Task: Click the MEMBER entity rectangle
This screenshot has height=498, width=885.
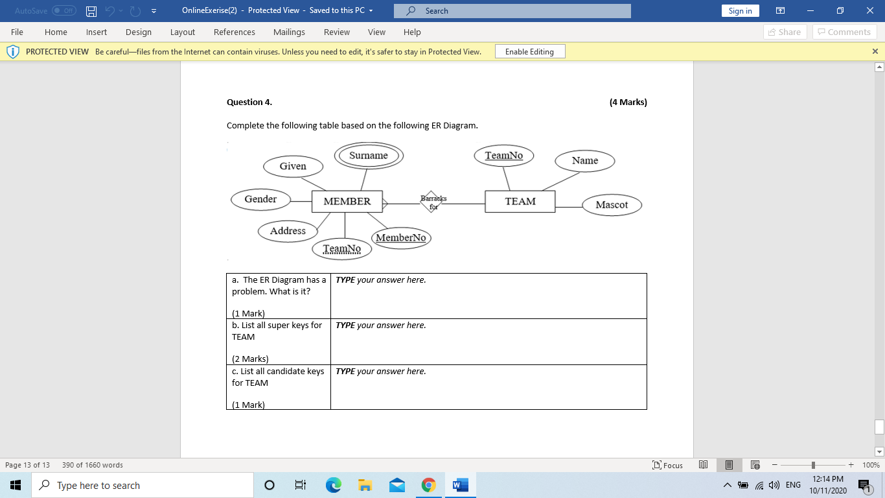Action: (x=347, y=202)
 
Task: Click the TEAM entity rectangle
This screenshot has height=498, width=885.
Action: (x=520, y=202)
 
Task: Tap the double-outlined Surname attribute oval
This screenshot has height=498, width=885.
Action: (x=369, y=156)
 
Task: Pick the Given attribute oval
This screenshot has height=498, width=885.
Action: (x=293, y=167)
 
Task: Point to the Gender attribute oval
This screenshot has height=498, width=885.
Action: (x=260, y=200)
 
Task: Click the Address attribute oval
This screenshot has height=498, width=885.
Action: (x=288, y=231)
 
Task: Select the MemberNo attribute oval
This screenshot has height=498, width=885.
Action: (x=401, y=238)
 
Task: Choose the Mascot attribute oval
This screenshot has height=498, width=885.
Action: (x=612, y=205)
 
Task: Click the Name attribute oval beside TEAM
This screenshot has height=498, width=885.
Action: (x=584, y=161)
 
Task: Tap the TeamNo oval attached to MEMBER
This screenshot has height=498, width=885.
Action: (x=342, y=249)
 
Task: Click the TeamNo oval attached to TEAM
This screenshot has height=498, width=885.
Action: (x=504, y=156)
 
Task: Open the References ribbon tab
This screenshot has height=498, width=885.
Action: (x=235, y=32)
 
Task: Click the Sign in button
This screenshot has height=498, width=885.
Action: (x=740, y=11)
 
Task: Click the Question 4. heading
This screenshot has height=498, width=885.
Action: (x=249, y=102)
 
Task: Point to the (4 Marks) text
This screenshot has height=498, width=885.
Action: (x=628, y=102)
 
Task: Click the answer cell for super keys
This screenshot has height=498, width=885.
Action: (x=488, y=342)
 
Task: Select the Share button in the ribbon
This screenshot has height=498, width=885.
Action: (x=785, y=32)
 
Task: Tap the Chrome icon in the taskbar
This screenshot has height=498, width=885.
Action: (x=428, y=485)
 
